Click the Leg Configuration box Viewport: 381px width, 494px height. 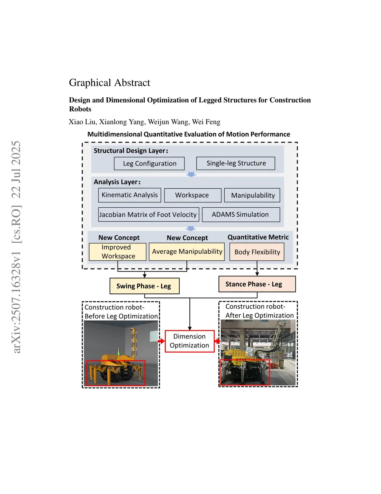149,163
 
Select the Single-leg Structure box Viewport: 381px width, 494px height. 236,163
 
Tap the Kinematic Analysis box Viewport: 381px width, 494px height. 129,195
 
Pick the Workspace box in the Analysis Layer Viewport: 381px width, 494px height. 192,195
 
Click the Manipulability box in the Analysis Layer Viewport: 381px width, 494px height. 252,195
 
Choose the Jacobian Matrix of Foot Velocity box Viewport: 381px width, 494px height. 148,215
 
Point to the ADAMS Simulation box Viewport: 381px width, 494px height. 240,215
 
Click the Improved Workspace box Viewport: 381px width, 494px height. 118,252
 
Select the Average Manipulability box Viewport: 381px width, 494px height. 187,252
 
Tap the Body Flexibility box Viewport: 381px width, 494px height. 257,252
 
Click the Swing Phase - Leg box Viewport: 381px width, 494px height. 144,286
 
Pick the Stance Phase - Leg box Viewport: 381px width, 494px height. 257,284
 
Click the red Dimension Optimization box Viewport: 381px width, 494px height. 189,341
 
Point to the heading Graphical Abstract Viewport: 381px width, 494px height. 109,83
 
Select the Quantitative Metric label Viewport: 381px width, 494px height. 258,237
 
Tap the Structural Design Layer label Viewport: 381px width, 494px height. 131,151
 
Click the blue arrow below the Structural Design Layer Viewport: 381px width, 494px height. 191,174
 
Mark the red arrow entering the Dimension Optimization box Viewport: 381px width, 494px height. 161,341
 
